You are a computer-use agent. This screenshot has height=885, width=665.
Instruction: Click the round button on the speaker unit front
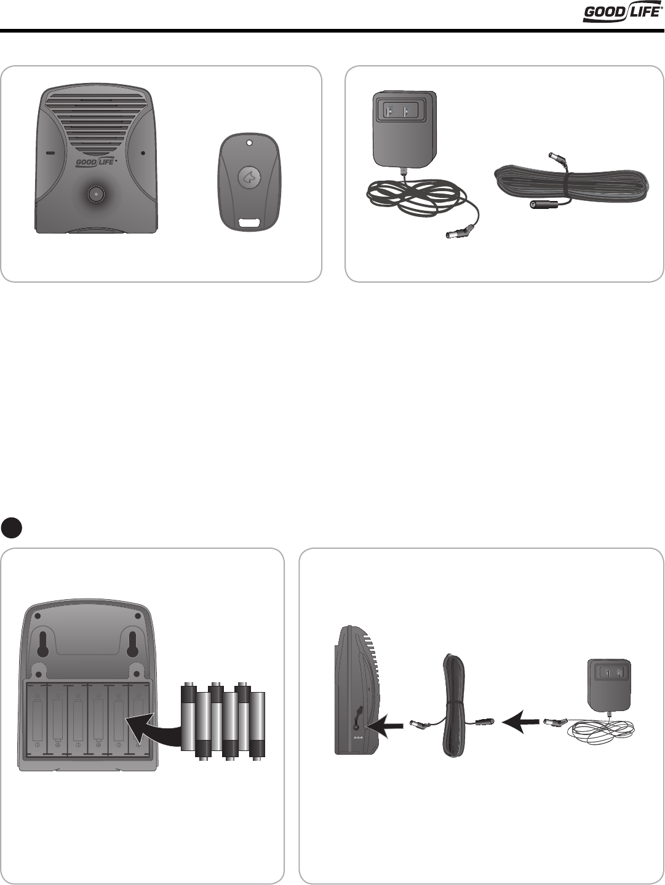[96, 194]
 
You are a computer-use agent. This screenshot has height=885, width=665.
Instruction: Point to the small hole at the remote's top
[249, 144]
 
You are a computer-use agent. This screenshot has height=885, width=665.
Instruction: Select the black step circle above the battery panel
[12, 527]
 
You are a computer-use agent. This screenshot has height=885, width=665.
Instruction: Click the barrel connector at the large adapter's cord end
[458, 234]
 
